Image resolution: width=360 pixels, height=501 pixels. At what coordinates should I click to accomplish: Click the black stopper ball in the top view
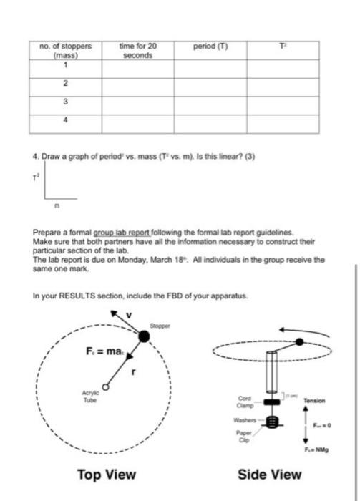coord(145,336)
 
